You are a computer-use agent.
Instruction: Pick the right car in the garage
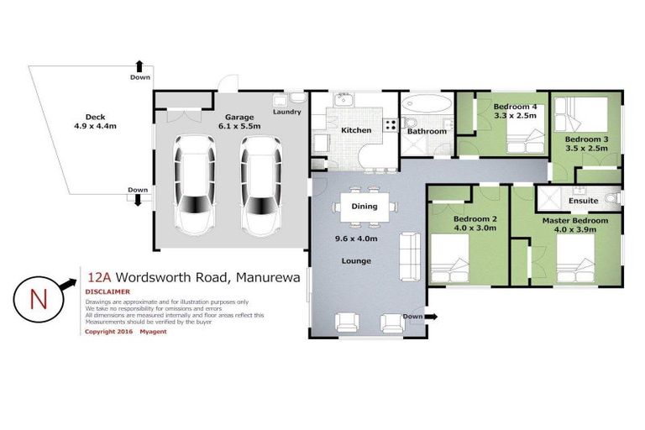pos(258,186)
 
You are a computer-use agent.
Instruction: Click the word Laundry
pos(287,112)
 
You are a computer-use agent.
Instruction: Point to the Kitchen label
pos(356,130)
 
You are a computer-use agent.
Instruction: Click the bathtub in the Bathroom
pos(427,107)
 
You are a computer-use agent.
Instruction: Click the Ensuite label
pos(583,201)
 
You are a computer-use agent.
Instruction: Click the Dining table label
pos(364,206)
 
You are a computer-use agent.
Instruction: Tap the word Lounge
pos(356,261)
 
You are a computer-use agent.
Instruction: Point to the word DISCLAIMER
pos(108,292)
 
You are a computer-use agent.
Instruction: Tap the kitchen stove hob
pos(391,124)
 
